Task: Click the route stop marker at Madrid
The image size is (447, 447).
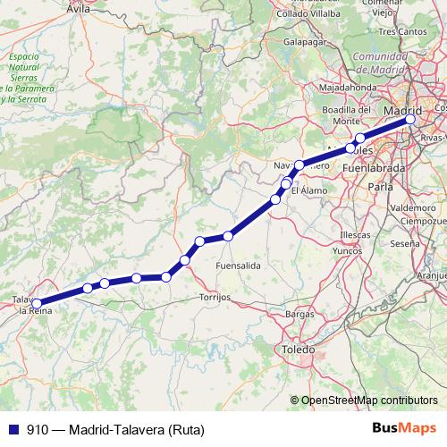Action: (410, 118)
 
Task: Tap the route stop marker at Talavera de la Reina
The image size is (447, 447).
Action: (36, 303)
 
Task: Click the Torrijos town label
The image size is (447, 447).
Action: (215, 295)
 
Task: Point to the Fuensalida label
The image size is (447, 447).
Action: (238, 266)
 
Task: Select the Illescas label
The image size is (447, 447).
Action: (355, 234)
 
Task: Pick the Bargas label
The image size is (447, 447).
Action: (299, 315)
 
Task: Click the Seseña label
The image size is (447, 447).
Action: (404, 243)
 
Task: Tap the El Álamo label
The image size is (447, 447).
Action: (308, 190)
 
